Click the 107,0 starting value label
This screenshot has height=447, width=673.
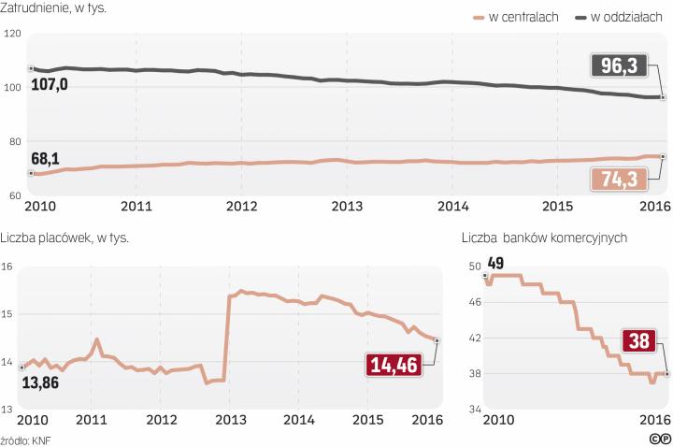point(50,85)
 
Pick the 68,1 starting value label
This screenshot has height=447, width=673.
point(47,157)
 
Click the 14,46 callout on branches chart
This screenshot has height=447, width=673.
point(395,365)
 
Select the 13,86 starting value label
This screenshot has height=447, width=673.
point(41,383)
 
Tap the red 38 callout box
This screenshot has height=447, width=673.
point(640,342)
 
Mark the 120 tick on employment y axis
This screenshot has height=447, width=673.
point(12,34)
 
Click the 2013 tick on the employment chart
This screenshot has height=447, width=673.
point(348,205)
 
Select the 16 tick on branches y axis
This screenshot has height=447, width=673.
point(7,267)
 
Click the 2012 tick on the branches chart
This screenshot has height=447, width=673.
point(161,419)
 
